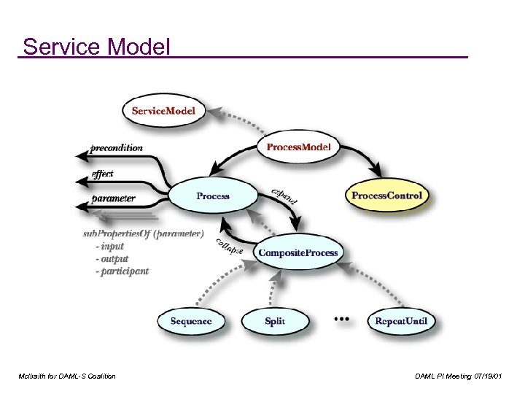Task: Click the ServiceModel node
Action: [168, 111]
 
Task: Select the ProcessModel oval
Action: [298, 147]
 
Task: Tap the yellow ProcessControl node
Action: [386, 196]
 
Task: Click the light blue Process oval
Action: [213, 196]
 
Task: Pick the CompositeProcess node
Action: [298, 253]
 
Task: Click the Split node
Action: [275, 321]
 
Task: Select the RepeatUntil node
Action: [400, 321]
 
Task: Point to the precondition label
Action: [117, 147]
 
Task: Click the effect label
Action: [103, 174]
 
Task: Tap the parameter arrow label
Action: [113, 198]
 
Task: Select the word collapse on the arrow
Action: [229, 247]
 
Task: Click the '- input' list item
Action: [109, 247]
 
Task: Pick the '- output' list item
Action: [112, 259]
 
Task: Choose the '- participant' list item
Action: [121, 271]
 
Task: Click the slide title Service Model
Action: [96, 47]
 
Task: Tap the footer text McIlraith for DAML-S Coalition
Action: [68, 376]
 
